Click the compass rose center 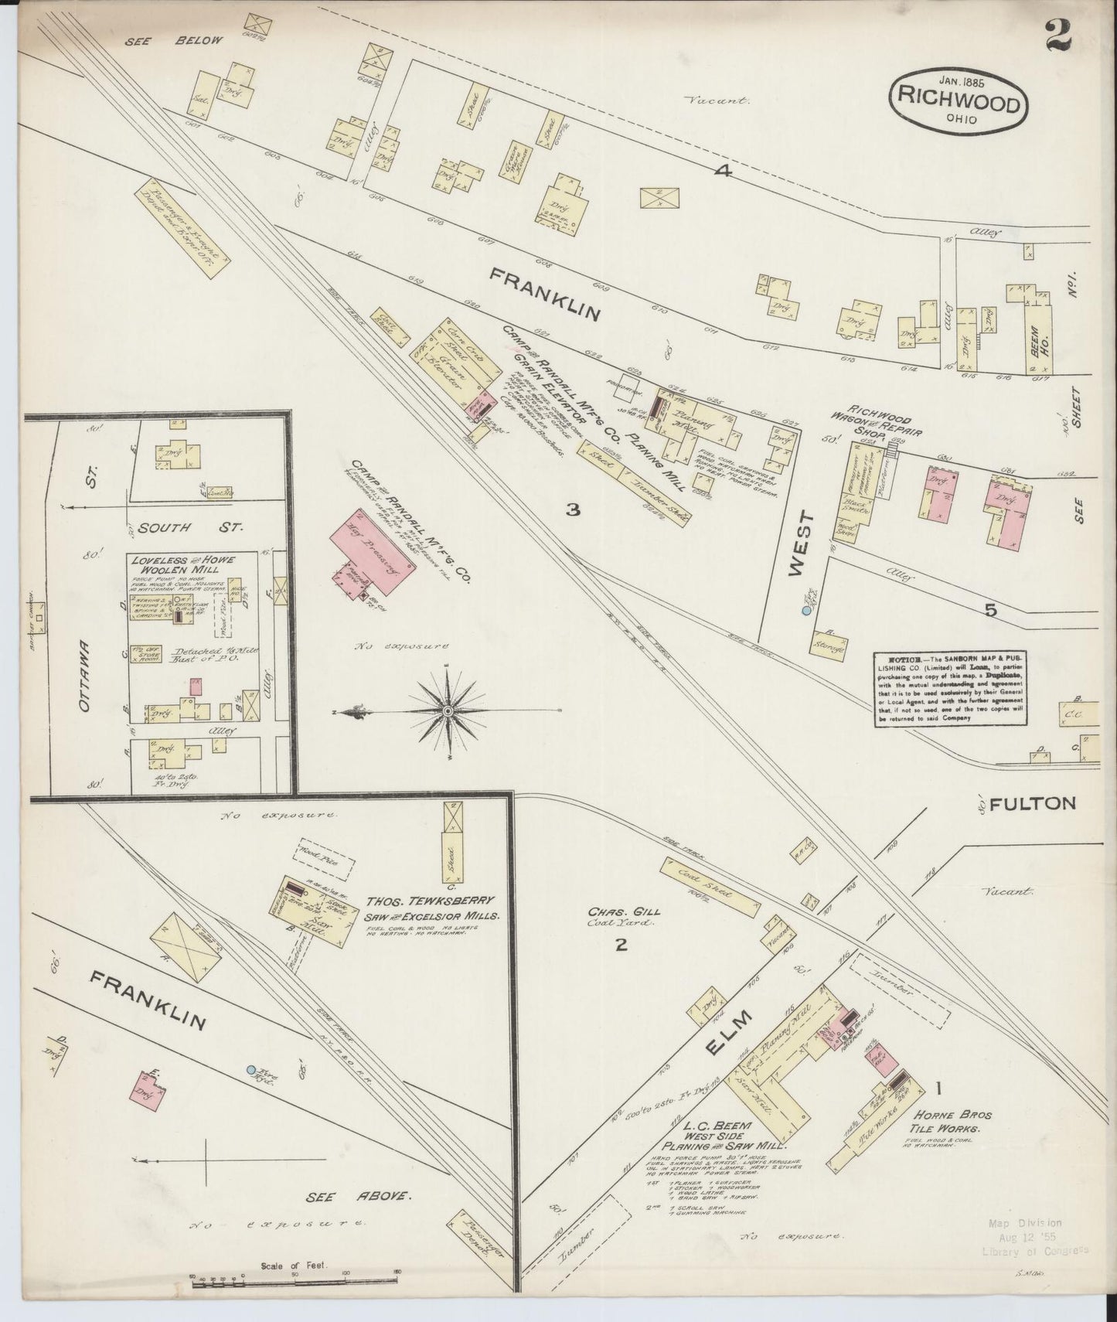[448, 710]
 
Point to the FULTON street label [1032, 804]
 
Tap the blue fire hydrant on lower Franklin [250, 1070]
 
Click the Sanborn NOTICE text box [952, 688]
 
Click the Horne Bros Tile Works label [954, 1121]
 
